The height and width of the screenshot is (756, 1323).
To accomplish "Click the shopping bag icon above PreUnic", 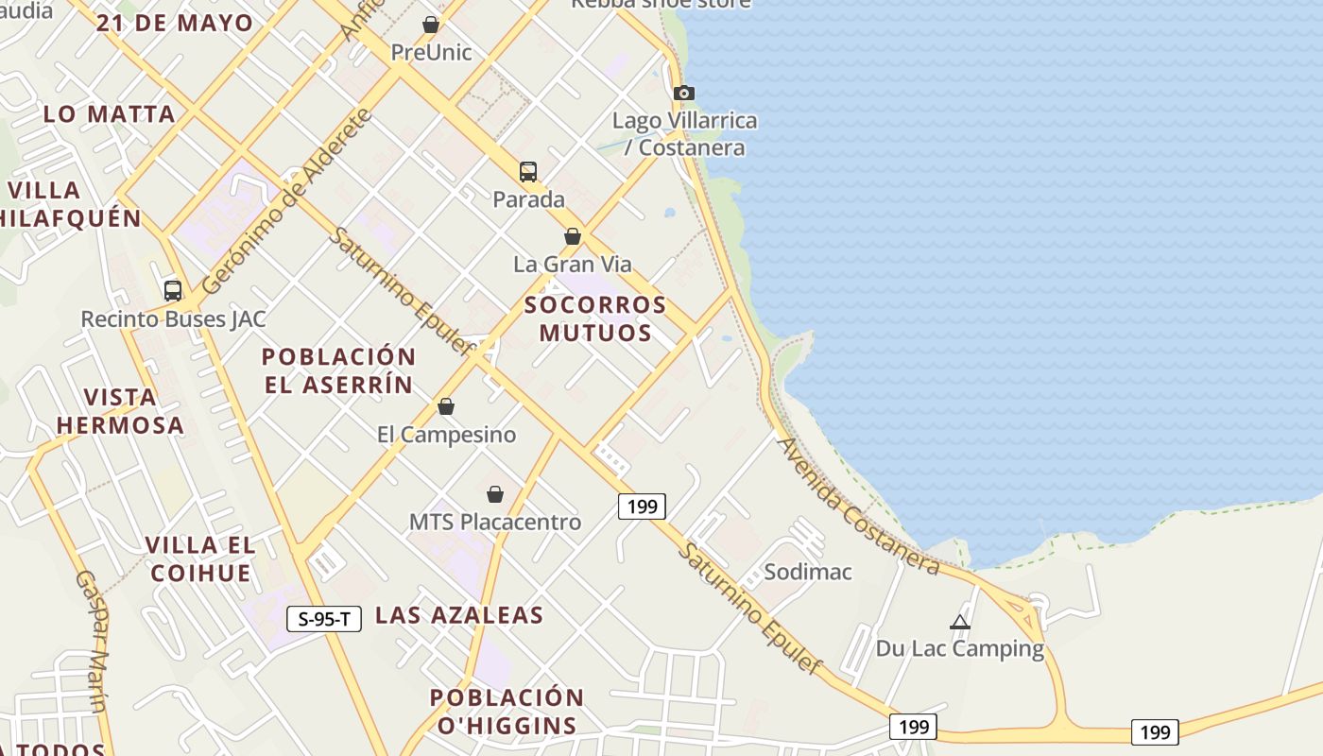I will pos(431,25).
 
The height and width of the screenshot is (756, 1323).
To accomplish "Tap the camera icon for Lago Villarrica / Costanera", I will pos(684,93).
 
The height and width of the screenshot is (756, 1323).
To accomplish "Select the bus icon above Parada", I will pos(528,172).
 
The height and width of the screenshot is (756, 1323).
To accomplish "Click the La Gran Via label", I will pos(573,264).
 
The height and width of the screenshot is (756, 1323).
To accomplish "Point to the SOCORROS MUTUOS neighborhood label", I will pos(595,318).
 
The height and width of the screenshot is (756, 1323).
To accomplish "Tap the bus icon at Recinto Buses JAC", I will pos(172,291).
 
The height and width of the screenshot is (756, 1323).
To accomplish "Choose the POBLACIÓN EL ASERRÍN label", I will pos(338,370).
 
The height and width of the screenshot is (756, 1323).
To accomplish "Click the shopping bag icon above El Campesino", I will pos(446,406).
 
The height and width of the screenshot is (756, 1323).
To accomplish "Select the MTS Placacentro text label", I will pos(495,522).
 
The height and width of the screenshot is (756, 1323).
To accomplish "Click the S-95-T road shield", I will pos(324,619).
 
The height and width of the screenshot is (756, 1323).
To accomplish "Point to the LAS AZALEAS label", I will pos(459,615).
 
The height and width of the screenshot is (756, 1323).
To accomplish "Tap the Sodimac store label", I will pos(808,572).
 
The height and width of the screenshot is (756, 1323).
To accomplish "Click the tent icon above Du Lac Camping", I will pos(960,622).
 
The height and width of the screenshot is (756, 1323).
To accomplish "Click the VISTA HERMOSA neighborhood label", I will pos(120,411).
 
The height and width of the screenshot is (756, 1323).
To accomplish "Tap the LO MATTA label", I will pos(110,114).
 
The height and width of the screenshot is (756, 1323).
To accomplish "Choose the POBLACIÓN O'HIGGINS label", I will pos(507,712).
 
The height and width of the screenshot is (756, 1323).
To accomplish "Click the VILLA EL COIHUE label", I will pos(200,558).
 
